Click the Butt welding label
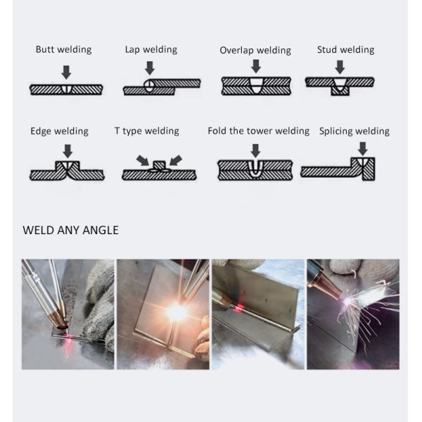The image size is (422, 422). (x=63, y=50)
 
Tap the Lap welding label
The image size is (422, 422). (x=151, y=49)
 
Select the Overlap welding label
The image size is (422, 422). (x=255, y=50)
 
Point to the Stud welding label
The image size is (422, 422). (x=345, y=50)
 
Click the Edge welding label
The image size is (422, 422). (x=59, y=131)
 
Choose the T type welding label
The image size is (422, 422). (x=146, y=131)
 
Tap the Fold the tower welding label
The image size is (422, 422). (x=258, y=131)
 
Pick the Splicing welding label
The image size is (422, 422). (x=354, y=131)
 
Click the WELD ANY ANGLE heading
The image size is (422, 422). (x=70, y=230)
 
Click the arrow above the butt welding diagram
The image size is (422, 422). (x=66, y=72)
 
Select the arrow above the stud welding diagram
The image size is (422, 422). (x=340, y=67)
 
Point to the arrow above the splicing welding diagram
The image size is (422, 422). (x=363, y=148)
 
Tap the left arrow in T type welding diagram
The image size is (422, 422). (x=143, y=160)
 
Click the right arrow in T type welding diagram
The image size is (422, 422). (x=175, y=160)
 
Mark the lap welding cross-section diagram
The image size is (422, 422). (x=161, y=87)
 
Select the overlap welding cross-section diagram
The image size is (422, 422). (x=256, y=86)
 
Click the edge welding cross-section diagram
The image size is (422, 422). (x=67, y=171)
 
